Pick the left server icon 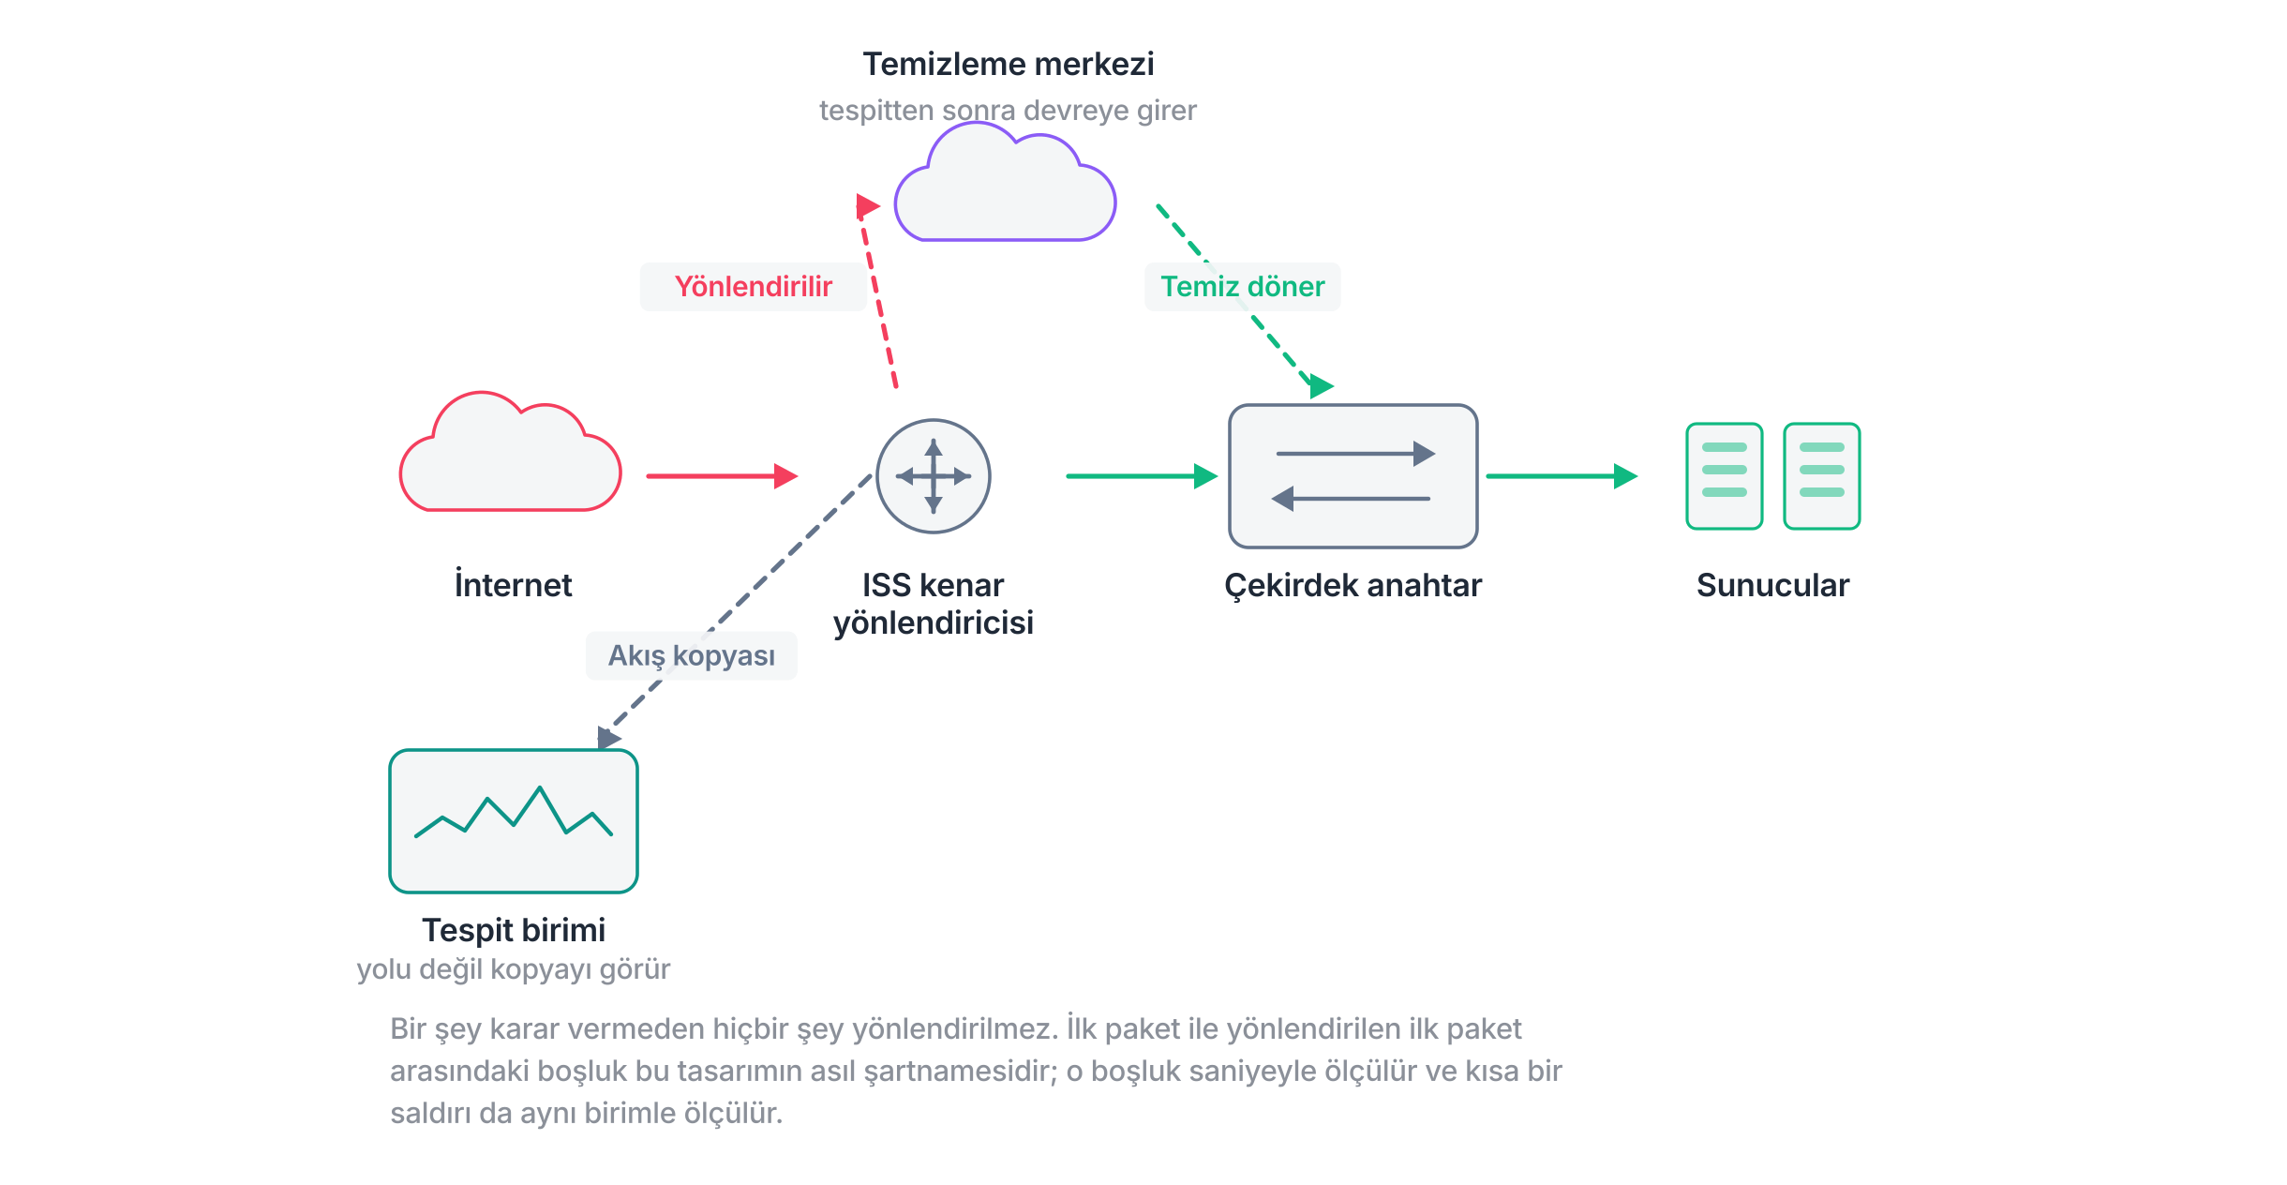click(1725, 476)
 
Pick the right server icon click(1822, 476)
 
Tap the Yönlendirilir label click(754, 287)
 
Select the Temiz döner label click(1243, 287)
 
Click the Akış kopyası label click(692, 656)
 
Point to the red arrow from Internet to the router click(722, 476)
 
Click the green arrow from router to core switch click(1142, 476)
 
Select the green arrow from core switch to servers click(1562, 476)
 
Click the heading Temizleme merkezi click(1009, 64)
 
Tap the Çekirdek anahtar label click(1353, 585)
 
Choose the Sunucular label click(1773, 585)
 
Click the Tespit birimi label click(514, 930)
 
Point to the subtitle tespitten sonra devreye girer click(1008, 111)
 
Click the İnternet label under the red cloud click(514, 584)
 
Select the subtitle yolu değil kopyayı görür click(514, 969)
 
